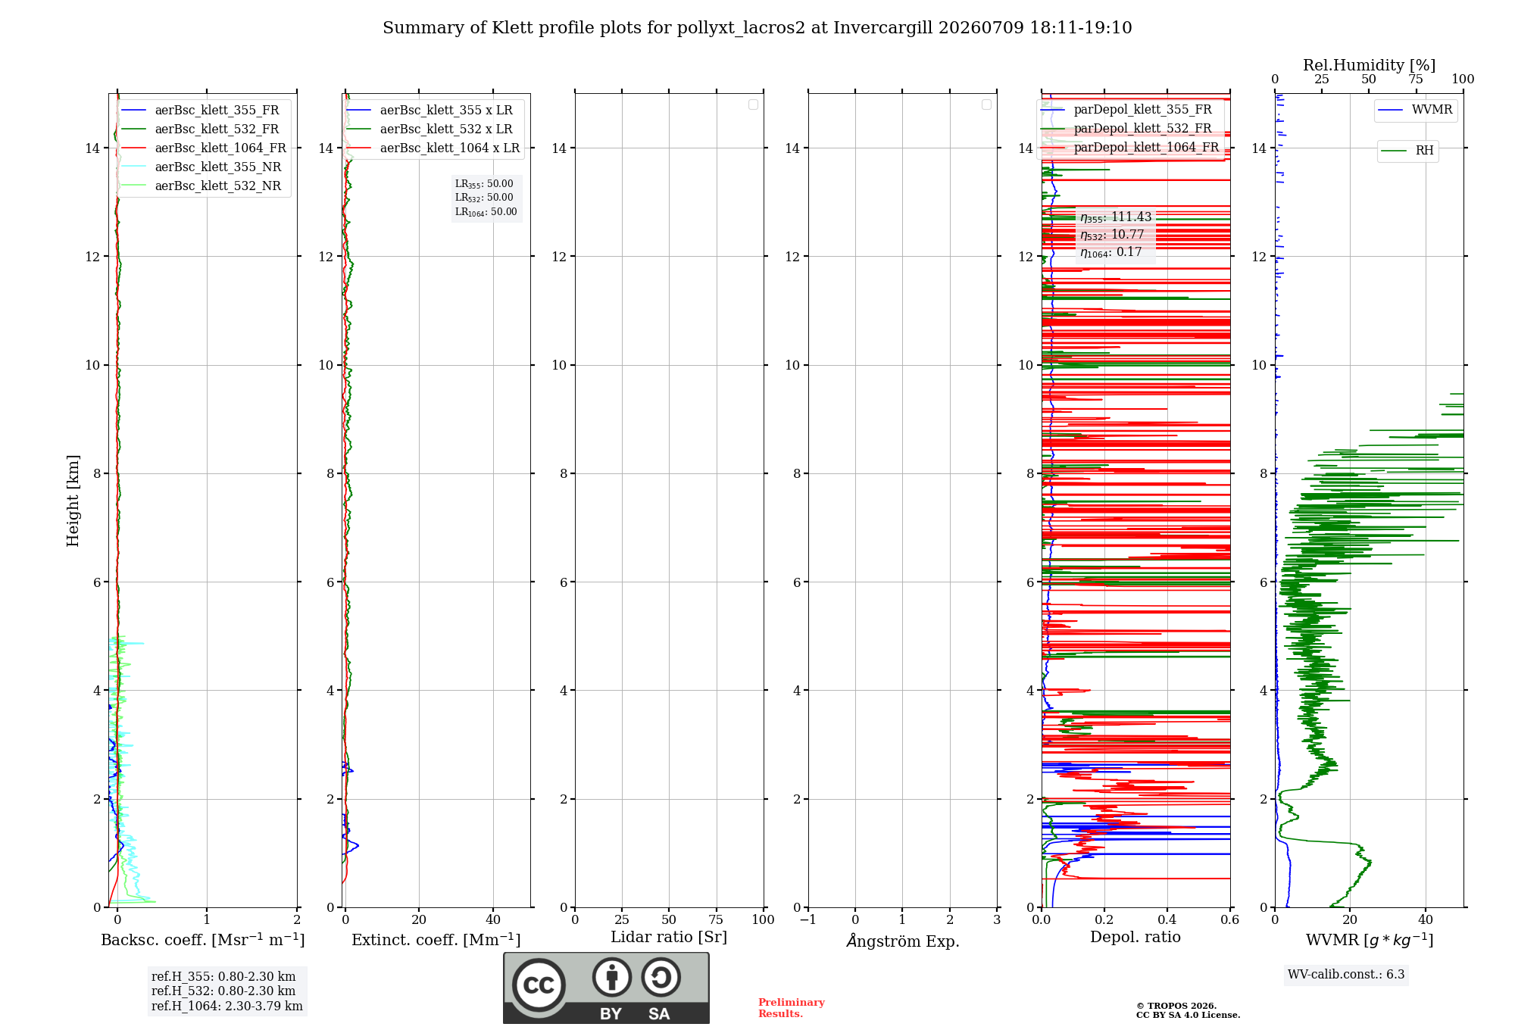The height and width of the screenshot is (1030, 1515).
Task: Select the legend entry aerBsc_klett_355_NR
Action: pos(201,167)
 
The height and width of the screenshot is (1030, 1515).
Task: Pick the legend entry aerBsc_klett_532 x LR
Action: pos(430,129)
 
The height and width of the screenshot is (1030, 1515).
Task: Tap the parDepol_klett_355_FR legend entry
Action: pos(1126,110)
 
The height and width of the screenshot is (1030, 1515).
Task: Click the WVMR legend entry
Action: pos(1415,110)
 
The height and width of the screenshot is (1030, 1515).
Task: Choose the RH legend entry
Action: pos(1407,151)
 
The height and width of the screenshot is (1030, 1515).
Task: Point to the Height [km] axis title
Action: pos(73,501)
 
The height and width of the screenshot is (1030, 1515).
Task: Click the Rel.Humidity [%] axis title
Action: pos(1369,65)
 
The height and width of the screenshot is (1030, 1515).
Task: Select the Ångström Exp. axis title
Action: pos(903,941)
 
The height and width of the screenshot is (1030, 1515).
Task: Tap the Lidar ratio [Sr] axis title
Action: pos(669,938)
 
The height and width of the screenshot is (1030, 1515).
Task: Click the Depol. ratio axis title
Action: pos(1135,938)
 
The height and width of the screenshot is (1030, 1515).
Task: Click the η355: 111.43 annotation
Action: pos(1116,217)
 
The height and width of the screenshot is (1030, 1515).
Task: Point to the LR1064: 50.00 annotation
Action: pos(486,212)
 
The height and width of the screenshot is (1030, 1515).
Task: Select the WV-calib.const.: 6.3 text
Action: pos(1346,975)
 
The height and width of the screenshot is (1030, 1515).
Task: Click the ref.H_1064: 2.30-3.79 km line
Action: pos(227,1007)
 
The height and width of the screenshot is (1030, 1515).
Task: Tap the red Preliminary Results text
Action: pos(792,1008)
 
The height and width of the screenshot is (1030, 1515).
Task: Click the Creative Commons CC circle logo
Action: pos(539,985)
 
